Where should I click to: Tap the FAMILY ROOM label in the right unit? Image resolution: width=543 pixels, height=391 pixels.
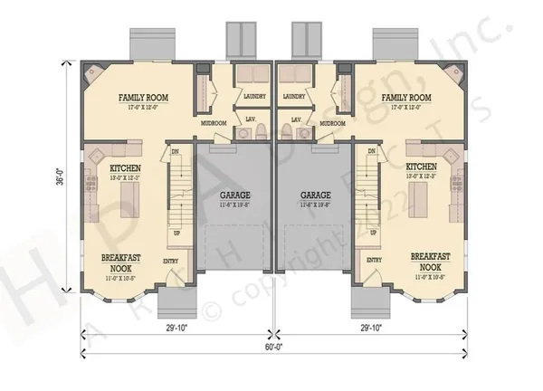pyautogui.click(x=405, y=97)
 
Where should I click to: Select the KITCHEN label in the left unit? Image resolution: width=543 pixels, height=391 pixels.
pyautogui.click(x=124, y=168)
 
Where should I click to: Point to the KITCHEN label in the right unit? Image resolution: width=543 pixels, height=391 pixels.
pyautogui.click(x=422, y=167)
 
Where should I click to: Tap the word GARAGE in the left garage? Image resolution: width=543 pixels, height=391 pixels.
pyautogui.click(x=234, y=195)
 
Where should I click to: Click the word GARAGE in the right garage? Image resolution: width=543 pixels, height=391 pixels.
pyautogui.click(x=316, y=195)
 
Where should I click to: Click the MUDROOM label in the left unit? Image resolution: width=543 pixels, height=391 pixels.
pyautogui.click(x=214, y=123)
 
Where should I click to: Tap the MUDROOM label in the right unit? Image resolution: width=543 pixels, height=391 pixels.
pyautogui.click(x=333, y=123)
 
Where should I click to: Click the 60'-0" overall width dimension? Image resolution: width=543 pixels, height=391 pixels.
pyautogui.click(x=271, y=347)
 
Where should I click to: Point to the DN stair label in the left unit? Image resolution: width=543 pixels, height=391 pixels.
pyautogui.click(x=176, y=152)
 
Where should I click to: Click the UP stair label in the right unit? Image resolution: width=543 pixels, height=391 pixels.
pyautogui.click(x=374, y=233)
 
